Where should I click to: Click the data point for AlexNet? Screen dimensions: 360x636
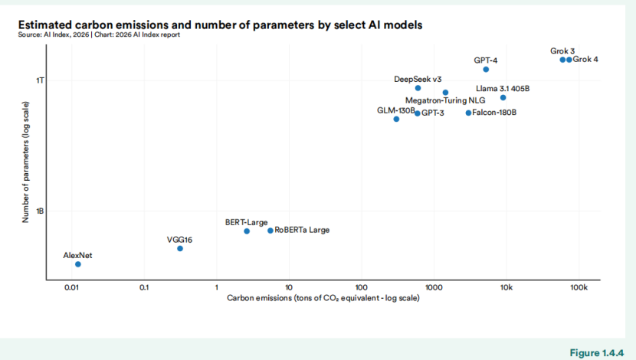(x=78, y=264)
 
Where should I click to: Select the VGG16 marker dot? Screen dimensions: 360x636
(x=180, y=248)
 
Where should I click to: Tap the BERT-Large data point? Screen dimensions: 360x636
(x=247, y=231)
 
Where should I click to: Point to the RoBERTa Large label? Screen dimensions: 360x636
(x=302, y=230)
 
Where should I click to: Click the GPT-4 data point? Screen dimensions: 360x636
(x=486, y=70)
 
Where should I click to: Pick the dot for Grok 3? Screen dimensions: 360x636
(x=562, y=60)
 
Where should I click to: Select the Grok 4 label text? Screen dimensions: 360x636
(x=586, y=60)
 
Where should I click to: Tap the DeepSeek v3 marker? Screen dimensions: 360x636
(x=418, y=88)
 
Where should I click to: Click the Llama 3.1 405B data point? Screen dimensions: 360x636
(x=503, y=97)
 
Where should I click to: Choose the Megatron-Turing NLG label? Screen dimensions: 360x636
(x=445, y=100)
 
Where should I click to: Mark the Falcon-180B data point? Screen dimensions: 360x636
(x=468, y=113)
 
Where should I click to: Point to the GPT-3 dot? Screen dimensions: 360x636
(x=417, y=113)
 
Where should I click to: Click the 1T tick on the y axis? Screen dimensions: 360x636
(x=41, y=80)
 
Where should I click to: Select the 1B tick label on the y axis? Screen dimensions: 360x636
(x=41, y=211)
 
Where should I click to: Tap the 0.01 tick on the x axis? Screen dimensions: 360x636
(x=72, y=287)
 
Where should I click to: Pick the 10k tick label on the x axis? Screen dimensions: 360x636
(x=506, y=287)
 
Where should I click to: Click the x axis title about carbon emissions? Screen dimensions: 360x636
(x=323, y=297)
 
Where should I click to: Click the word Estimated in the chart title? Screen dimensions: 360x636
(x=44, y=25)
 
